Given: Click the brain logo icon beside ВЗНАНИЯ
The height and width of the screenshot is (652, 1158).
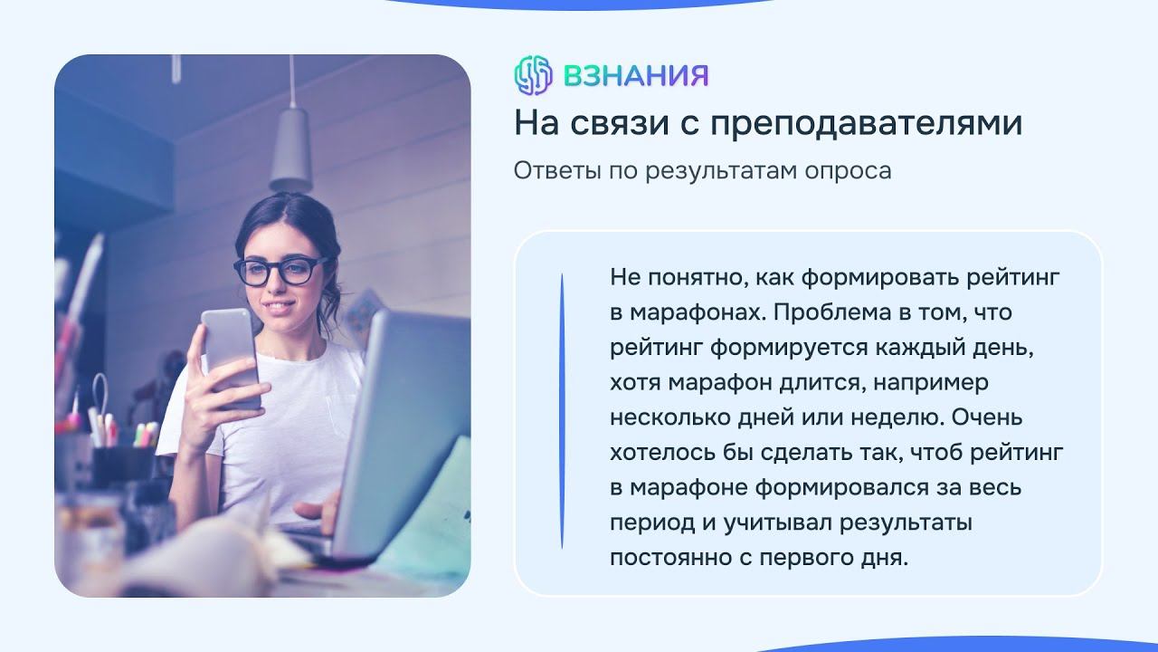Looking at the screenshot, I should click(x=533, y=75).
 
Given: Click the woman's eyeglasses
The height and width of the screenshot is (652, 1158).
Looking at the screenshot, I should click(x=281, y=270).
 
